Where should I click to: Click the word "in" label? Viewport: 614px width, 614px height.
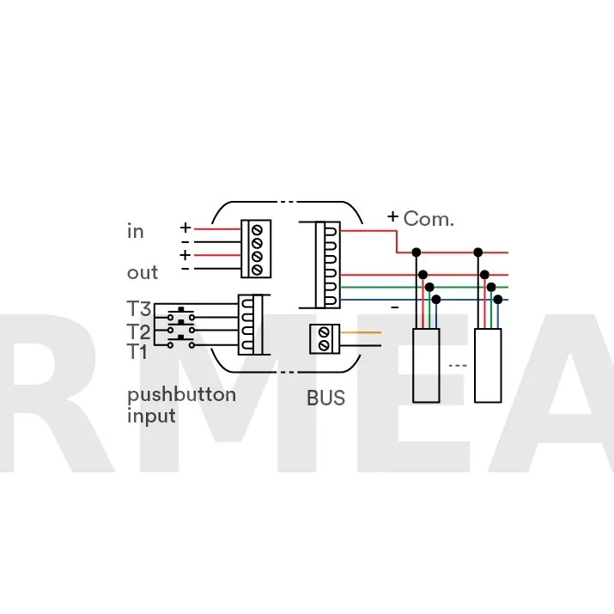click(x=135, y=231)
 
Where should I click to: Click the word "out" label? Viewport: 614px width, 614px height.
click(x=143, y=272)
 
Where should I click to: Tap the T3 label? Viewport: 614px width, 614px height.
click(x=139, y=308)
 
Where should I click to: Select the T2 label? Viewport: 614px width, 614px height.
click(x=139, y=331)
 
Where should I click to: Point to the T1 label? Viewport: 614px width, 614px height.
click(x=137, y=351)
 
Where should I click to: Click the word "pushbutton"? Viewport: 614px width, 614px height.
click(x=182, y=396)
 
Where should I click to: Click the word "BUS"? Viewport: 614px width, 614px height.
click(x=325, y=398)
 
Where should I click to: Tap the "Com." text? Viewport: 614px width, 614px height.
click(x=429, y=218)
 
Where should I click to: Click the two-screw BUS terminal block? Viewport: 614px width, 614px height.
click(x=325, y=339)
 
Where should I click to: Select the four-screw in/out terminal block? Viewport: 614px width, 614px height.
click(x=256, y=249)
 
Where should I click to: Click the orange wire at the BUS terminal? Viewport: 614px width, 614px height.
click(x=361, y=332)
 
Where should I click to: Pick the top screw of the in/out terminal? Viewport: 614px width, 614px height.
click(x=257, y=230)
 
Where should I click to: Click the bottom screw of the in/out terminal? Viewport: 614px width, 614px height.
click(x=257, y=270)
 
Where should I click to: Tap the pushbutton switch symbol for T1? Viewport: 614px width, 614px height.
click(x=181, y=342)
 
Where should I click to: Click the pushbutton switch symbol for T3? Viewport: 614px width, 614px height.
click(x=181, y=313)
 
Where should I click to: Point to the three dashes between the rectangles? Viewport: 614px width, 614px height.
click(x=458, y=366)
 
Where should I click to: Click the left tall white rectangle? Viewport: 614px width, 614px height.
click(x=426, y=365)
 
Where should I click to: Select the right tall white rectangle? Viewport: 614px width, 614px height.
click(x=488, y=365)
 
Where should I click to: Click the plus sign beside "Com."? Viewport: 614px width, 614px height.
click(x=392, y=216)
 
